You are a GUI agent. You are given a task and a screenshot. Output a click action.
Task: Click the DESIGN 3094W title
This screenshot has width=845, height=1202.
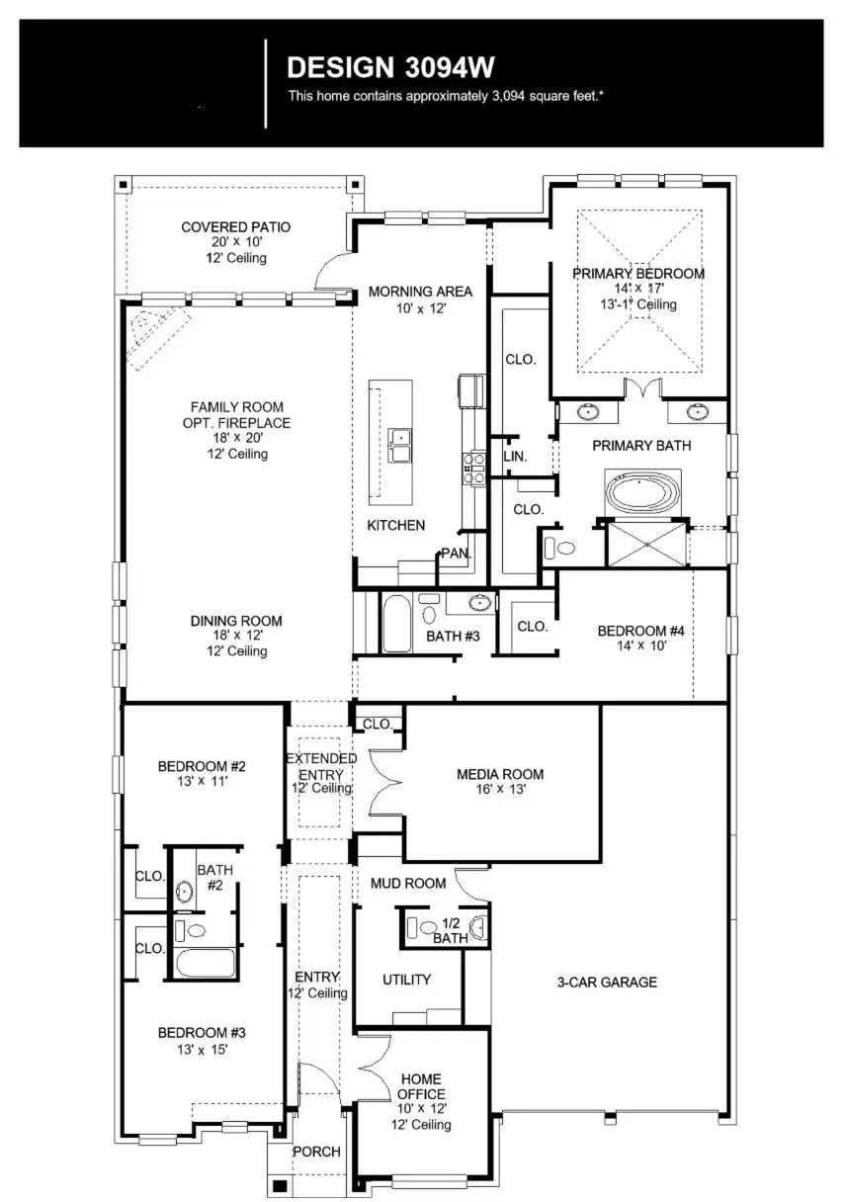(389, 67)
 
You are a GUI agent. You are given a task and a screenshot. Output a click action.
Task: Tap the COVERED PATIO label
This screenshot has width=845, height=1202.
(236, 227)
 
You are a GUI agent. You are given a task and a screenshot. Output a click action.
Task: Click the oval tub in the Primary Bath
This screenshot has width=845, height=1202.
(643, 493)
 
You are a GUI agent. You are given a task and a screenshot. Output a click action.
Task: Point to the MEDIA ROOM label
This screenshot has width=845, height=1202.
(500, 774)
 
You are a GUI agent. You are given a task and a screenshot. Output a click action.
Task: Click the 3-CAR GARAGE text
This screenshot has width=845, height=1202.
(607, 982)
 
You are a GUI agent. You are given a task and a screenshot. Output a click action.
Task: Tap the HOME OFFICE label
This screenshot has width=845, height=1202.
(421, 1086)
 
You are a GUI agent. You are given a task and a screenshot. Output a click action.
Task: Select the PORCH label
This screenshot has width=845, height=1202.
(316, 1152)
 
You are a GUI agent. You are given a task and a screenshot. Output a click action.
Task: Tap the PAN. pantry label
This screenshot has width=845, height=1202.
(455, 554)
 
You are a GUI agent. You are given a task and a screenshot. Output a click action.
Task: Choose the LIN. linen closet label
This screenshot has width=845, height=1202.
(515, 457)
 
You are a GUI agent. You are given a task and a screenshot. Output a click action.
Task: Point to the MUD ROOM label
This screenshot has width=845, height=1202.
(408, 883)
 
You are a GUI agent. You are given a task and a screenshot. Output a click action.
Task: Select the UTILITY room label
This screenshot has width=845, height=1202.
(407, 980)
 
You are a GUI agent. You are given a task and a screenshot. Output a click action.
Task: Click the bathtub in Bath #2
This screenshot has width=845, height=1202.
(206, 962)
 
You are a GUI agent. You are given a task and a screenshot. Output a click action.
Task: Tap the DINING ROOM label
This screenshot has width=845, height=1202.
(236, 621)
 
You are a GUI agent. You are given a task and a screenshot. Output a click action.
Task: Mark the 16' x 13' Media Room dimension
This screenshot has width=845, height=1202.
(500, 789)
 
